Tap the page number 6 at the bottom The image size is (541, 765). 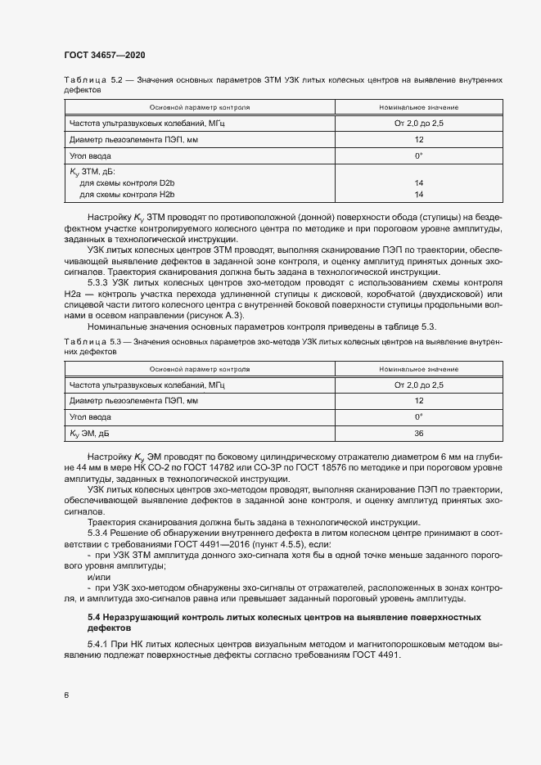coord(66,695)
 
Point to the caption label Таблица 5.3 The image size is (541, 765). coord(92,340)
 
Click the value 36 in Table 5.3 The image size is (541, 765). coord(418,434)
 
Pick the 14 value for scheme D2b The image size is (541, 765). coord(418,183)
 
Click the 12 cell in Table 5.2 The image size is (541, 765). coord(418,139)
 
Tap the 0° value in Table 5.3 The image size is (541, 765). coord(418,417)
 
